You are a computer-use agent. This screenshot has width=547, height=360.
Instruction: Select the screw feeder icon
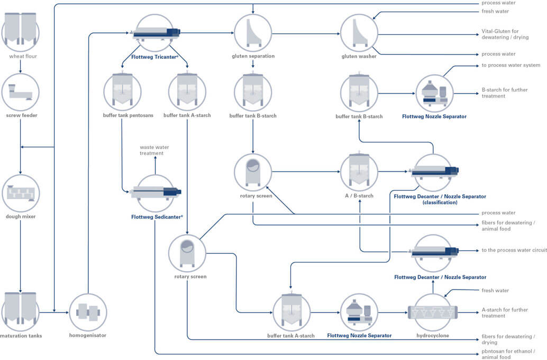click(x=21, y=92)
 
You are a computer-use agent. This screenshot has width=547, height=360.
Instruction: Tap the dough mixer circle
click(x=21, y=193)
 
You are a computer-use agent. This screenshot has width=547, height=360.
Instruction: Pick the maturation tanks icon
click(x=21, y=308)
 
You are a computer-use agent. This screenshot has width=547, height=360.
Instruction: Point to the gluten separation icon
click(x=253, y=32)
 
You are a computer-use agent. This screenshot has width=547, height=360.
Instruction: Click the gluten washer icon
click(x=359, y=32)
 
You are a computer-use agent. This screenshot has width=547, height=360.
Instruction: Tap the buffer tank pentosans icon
click(x=122, y=92)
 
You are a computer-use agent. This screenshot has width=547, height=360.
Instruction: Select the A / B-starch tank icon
click(x=359, y=171)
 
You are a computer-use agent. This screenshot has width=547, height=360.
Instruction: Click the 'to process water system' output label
click(x=510, y=65)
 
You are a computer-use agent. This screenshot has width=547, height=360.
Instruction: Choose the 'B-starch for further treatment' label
click(x=504, y=93)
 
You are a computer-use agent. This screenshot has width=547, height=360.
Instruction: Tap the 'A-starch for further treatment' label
click(x=504, y=312)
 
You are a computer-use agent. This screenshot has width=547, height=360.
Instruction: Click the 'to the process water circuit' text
click(x=513, y=250)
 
